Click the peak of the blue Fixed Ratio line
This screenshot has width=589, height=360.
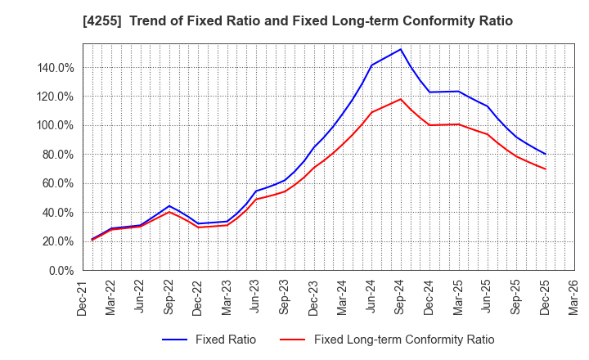point(400,49)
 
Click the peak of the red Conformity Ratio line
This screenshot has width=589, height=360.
point(400,100)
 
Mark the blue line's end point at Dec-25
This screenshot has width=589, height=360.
point(545,154)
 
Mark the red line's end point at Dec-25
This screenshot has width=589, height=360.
point(545,169)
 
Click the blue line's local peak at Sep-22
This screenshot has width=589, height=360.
point(169,206)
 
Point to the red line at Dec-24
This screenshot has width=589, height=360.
point(429,125)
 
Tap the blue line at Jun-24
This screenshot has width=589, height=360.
point(371,65)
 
